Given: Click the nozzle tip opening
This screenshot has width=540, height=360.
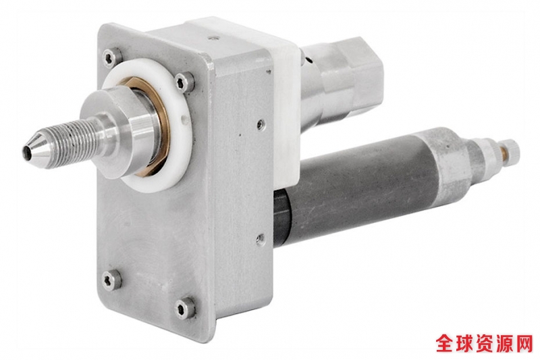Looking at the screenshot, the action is [26, 151].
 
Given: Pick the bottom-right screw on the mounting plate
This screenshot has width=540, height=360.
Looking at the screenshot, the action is [184, 307].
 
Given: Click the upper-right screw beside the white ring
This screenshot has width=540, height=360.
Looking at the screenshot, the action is [184, 82].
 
